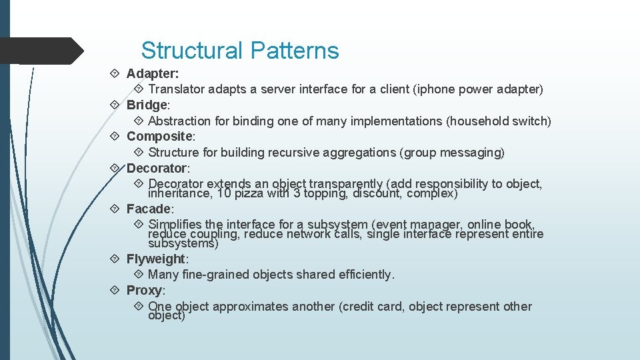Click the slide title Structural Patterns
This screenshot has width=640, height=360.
tap(240, 51)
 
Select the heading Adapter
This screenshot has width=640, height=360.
tap(152, 73)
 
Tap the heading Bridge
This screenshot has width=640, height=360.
tap(148, 105)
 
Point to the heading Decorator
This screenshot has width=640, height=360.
tap(158, 168)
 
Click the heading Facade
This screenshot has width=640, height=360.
tap(149, 209)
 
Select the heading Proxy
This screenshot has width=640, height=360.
tap(145, 290)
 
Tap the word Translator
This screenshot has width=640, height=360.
tap(176, 89)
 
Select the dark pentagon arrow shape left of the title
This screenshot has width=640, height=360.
tap(40, 51)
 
